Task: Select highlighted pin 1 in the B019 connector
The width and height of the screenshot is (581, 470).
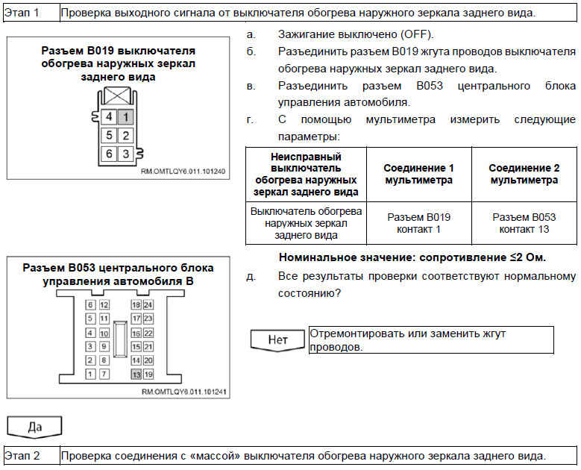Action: click(x=126, y=117)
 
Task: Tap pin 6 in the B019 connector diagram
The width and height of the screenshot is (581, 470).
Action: click(x=109, y=154)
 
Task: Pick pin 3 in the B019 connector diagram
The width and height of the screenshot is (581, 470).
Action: click(x=126, y=154)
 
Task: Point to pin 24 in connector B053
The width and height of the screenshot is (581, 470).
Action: click(x=148, y=304)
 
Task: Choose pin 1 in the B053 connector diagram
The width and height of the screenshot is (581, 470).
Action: click(x=91, y=373)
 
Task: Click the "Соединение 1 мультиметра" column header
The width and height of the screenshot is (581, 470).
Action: click(x=418, y=174)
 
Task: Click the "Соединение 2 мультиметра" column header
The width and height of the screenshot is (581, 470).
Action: click(x=524, y=174)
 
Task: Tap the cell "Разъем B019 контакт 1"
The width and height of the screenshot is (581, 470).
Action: click(x=418, y=222)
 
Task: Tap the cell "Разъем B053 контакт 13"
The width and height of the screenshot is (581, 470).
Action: click(x=524, y=222)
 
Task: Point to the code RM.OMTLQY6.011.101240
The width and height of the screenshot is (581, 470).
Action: click(x=183, y=171)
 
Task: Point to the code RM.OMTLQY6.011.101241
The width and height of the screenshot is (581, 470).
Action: click(x=183, y=391)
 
